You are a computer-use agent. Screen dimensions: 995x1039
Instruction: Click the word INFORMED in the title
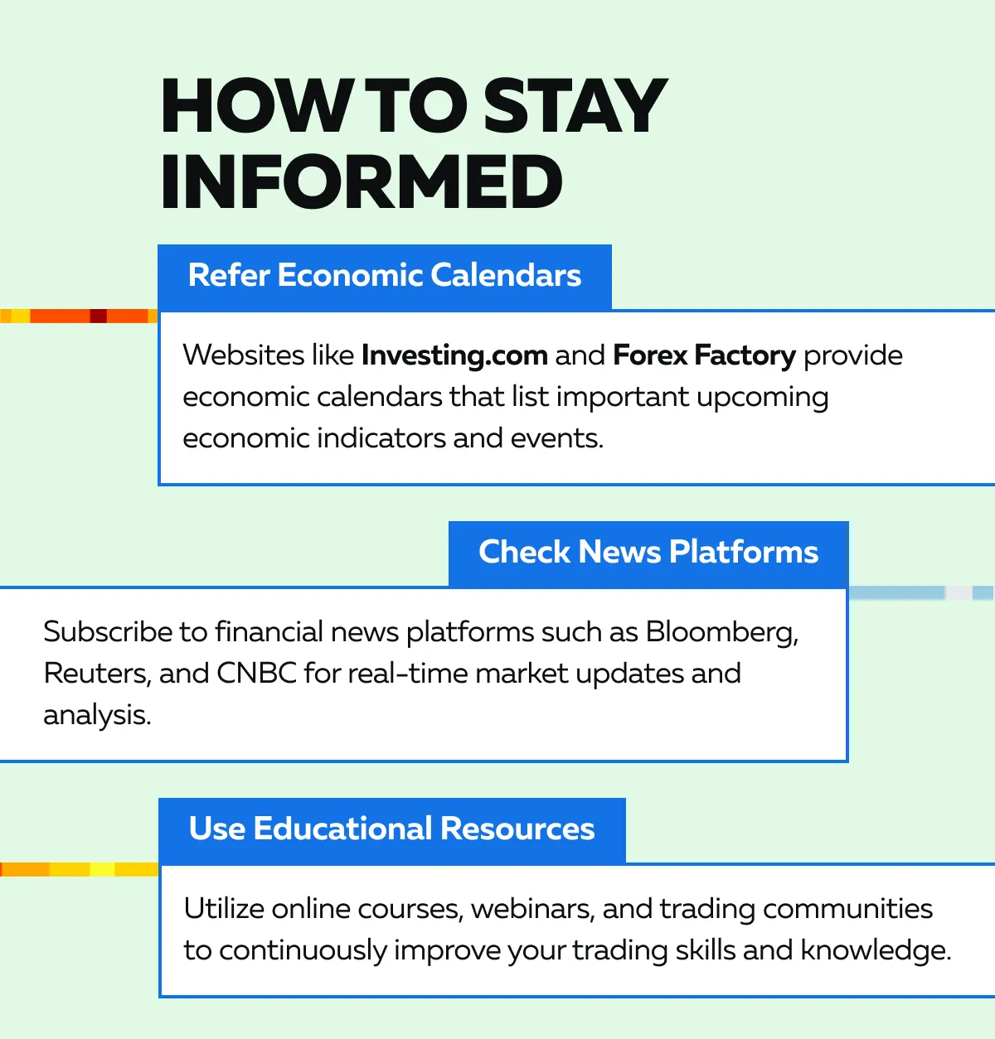[362, 181]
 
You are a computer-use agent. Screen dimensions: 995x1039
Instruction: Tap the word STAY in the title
[575, 105]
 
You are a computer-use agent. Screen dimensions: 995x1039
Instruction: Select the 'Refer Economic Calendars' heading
[385, 276]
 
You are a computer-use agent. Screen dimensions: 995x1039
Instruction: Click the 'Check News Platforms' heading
[648, 552]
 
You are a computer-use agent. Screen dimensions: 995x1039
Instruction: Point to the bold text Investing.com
[454, 355]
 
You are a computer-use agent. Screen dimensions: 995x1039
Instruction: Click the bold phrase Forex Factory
[704, 355]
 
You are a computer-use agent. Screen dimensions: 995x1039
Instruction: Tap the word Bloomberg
[722, 633]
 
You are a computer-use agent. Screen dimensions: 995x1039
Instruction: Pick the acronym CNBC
[256, 674]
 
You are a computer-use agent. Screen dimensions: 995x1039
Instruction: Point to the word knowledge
[876, 950]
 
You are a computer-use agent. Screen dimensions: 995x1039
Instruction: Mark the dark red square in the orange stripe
[99, 316]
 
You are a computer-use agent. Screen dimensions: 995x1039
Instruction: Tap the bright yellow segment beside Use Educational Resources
[102, 869]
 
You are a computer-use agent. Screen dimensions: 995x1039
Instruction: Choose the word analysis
[97, 715]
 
